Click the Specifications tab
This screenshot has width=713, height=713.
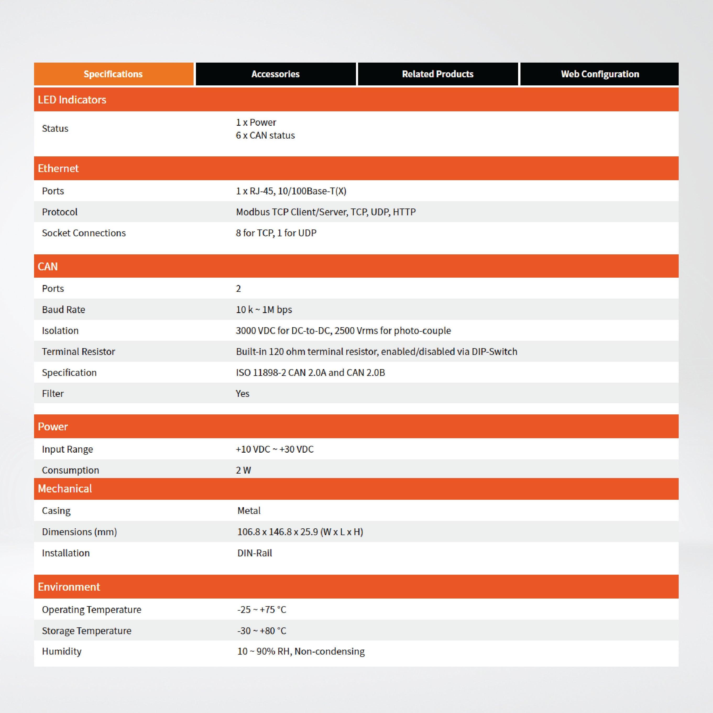click(x=113, y=74)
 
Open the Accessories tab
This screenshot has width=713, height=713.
click(x=275, y=74)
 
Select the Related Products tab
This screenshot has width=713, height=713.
click(x=437, y=74)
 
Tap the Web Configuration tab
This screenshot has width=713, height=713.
click(x=600, y=74)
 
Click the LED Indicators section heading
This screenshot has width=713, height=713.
click(x=72, y=100)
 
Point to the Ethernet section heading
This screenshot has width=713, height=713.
click(x=58, y=168)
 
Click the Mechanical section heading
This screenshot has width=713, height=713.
click(x=65, y=489)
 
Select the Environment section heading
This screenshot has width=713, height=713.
click(x=69, y=587)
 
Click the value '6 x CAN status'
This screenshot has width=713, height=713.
click(x=265, y=135)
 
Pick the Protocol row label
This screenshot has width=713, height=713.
click(x=60, y=212)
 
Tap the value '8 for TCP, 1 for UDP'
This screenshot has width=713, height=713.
click(x=276, y=233)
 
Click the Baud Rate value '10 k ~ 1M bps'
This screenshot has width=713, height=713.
click(x=264, y=310)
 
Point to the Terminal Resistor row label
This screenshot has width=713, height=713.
click(x=79, y=351)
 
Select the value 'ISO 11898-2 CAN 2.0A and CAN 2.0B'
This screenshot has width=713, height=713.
click(x=310, y=372)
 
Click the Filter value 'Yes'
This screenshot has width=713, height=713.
click(x=243, y=393)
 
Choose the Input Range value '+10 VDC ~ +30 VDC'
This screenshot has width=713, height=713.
click(x=275, y=449)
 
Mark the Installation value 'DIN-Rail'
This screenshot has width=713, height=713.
click(x=255, y=553)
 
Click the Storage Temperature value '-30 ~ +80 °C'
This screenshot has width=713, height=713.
click(x=262, y=631)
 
